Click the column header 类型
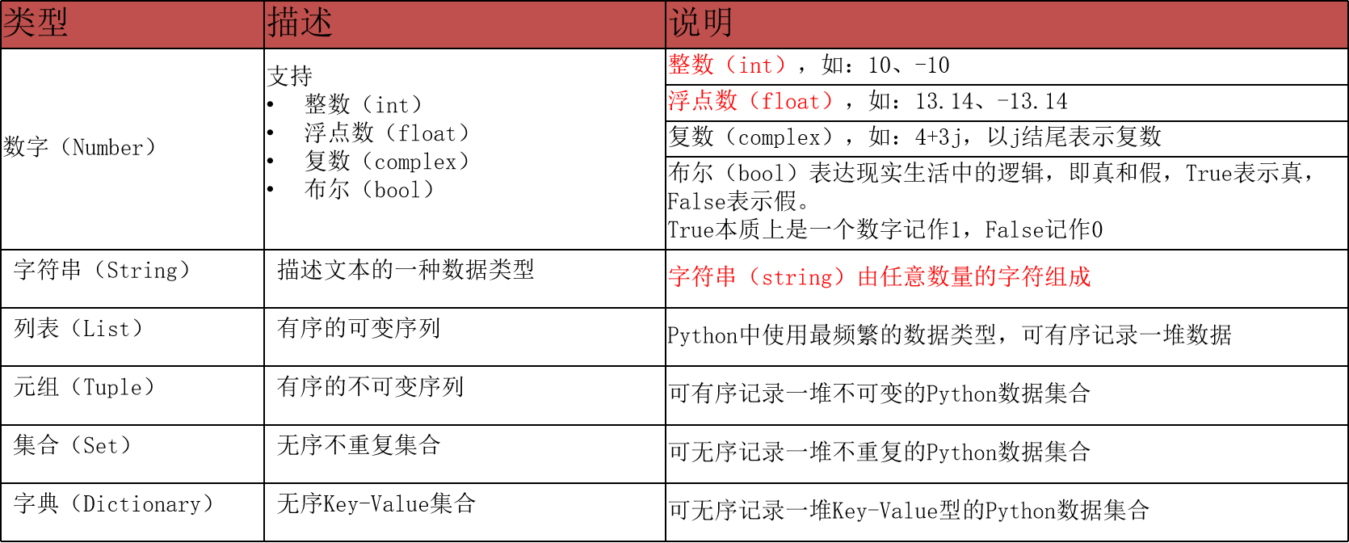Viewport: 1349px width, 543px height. pyautogui.click(x=36, y=23)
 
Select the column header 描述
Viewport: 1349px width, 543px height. pyautogui.click(x=300, y=23)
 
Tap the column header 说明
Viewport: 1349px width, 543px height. pyautogui.click(x=700, y=23)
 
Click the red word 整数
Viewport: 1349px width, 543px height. pyautogui.click(x=691, y=65)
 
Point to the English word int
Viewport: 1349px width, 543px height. pyautogui.click(x=756, y=65)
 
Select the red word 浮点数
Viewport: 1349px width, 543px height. pyautogui.click(x=703, y=101)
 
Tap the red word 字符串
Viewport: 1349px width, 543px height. pyautogui.click(x=703, y=277)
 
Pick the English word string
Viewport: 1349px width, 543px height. pyautogui.click(x=796, y=278)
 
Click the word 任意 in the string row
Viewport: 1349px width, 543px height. pyautogui.click(x=903, y=277)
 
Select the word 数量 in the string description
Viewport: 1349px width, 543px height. pyautogui.click(x=950, y=277)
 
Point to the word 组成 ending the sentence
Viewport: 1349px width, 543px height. pyautogui.click(x=1067, y=277)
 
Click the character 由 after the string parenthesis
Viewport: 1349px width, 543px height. pyautogui.click(x=868, y=277)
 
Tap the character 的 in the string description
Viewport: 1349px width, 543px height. pyautogui.click(x=985, y=277)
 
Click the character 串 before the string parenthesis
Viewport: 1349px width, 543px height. pyautogui.click(x=726, y=277)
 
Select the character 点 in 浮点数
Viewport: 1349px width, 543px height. pyautogui.click(x=703, y=101)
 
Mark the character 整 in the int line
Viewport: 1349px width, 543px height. pyautogui.click(x=679, y=65)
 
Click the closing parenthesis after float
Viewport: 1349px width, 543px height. pyautogui.click(x=826, y=102)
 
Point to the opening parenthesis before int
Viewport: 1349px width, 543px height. pyautogui.click(x=731, y=65)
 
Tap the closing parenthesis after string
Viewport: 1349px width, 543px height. pyautogui.click(x=839, y=278)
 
